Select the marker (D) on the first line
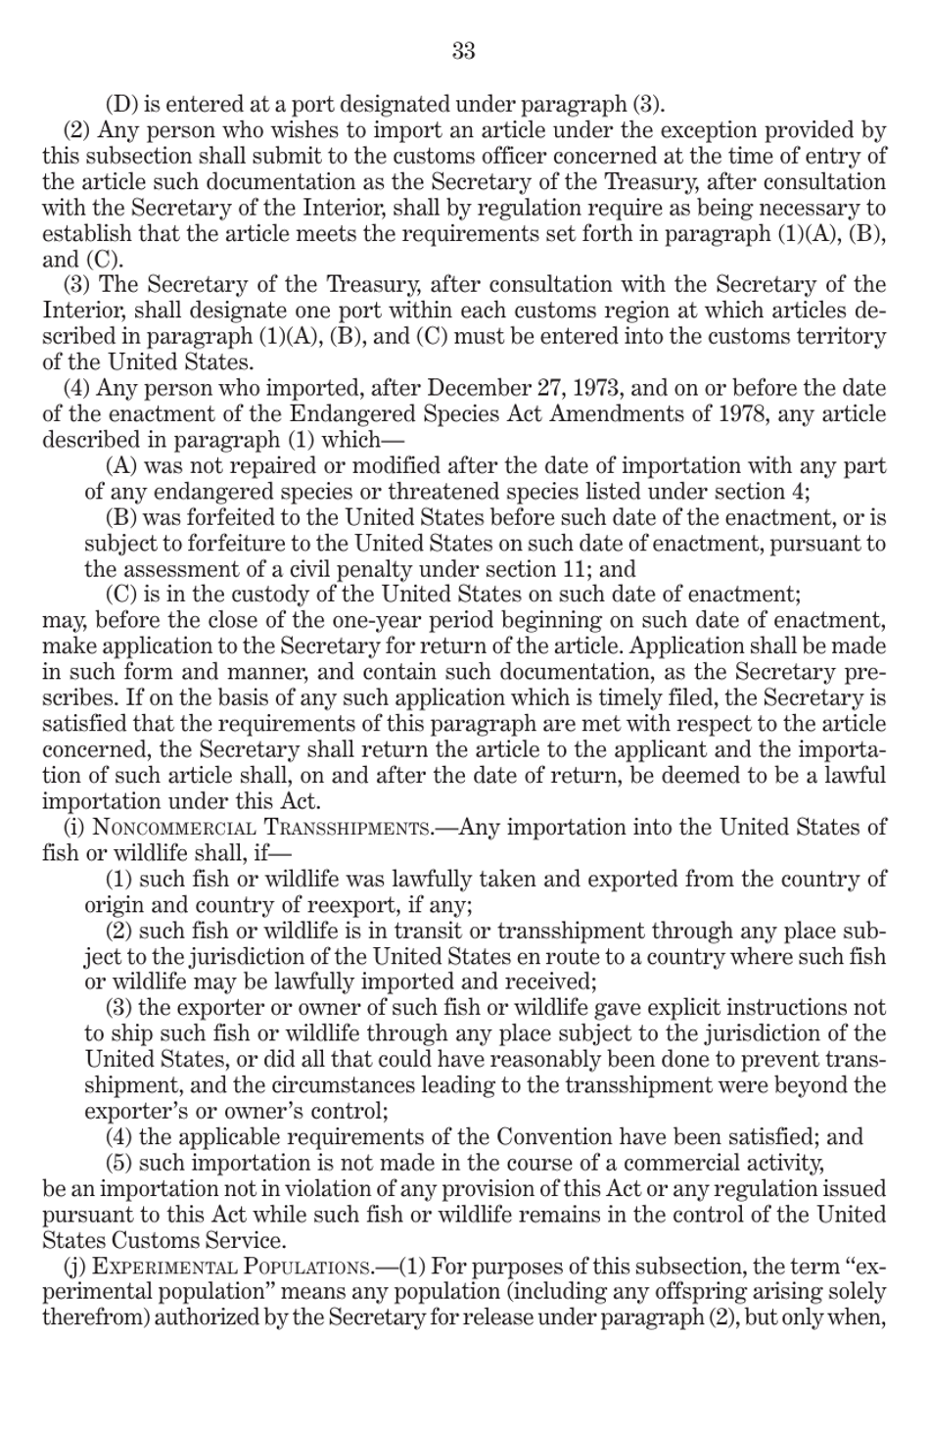click(x=121, y=105)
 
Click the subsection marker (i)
click(x=73, y=828)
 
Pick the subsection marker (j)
click(x=73, y=1266)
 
